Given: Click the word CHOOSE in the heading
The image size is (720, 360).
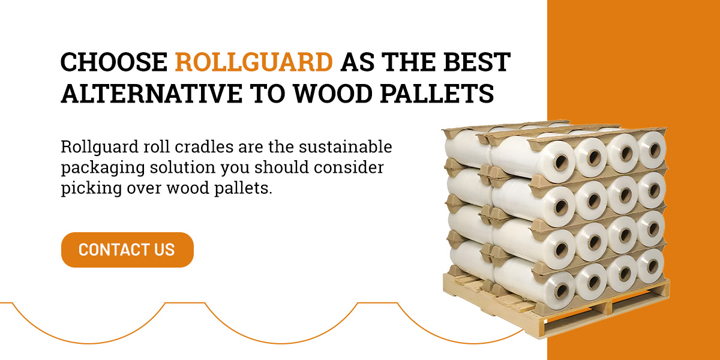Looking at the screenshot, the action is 114,62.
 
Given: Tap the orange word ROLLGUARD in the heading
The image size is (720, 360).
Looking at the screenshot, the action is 254,62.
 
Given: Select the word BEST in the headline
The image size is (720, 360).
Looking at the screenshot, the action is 477,62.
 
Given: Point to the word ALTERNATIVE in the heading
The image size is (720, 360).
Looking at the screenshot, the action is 151,94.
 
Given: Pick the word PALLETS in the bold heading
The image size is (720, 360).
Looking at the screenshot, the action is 437,94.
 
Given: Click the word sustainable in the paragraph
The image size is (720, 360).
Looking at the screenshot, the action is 346,146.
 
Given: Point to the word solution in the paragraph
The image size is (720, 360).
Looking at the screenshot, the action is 182,167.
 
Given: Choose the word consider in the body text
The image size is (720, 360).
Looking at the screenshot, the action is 349,167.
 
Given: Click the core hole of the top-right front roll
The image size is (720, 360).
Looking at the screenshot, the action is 655,149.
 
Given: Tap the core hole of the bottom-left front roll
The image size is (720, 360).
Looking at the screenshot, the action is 561,290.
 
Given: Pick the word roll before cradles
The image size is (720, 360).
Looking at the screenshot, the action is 157,146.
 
